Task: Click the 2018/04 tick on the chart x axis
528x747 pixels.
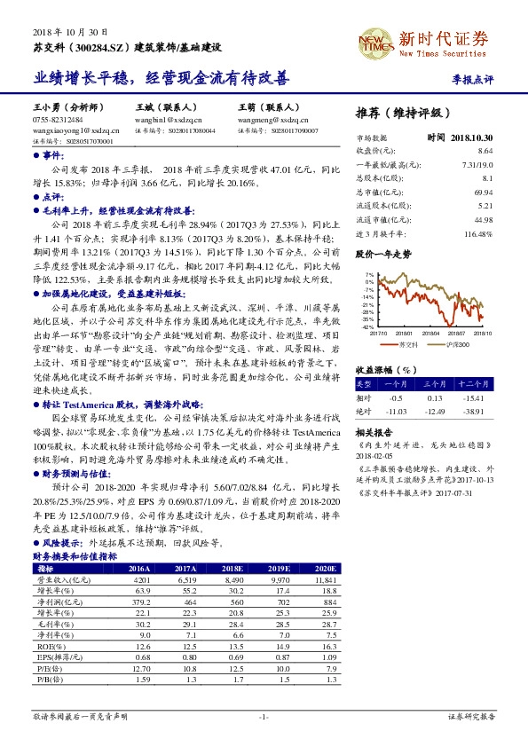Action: pyautogui.click(x=416, y=333)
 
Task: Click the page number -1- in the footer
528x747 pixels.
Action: pyautogui.click(x=264, y=715)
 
